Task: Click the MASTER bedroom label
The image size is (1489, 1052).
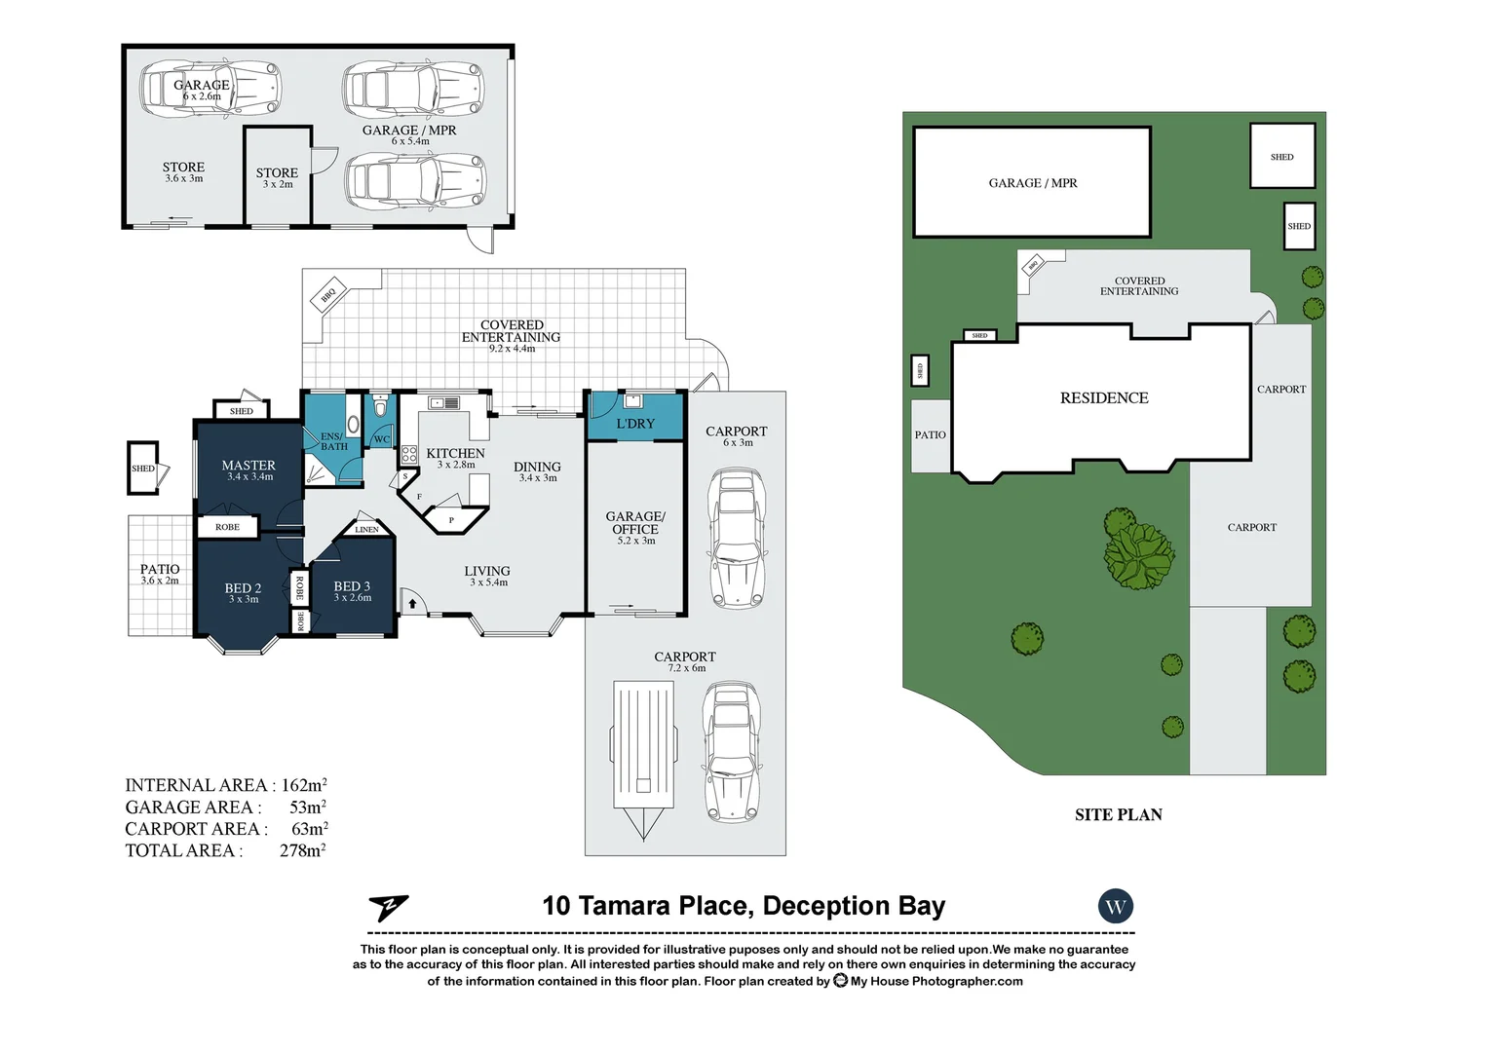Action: [x=248, y=467]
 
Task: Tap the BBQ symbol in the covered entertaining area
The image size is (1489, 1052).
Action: [x=328, y=293]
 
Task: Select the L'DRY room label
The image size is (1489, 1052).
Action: [x=635, y=424]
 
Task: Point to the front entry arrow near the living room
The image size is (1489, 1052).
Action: [x=412, y=604]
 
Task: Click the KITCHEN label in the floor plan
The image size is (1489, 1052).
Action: [x=455, y=454]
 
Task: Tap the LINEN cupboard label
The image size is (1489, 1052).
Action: [x=366, y=529]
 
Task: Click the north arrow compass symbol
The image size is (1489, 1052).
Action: [x=388, y=908]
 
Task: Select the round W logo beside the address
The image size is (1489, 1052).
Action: [x=1116, y=907]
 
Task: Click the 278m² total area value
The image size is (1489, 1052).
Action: [x=302, y=850]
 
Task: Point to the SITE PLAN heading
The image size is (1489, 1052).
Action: [x=1118, y=815]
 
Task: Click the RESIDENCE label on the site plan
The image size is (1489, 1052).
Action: [x=1104, y=398]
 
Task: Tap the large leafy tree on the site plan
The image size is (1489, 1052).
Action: [x=1137, y=550]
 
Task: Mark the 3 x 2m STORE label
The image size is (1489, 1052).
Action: [x=277, y=173]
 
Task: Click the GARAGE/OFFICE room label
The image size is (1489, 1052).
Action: [x=635, y=524]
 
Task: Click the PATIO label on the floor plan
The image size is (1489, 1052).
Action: [x=160, y=570]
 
